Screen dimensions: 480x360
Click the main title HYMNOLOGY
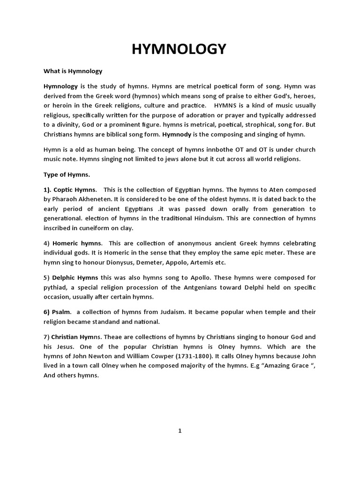(180, 49)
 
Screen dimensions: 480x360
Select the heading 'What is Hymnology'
(73, 71)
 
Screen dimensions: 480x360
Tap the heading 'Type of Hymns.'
(67, 174)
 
